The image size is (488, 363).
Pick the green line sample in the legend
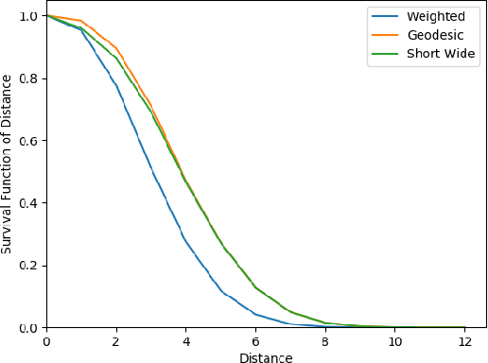pyautogui.click(x=386, y=55)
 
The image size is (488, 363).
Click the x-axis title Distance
pyautogui.click(x=265, y=357)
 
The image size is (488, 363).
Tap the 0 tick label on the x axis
pyautogui.click(x=45, y=341)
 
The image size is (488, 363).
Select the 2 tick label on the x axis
pyautogui.click(x=115, y=341)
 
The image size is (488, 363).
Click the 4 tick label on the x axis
pyautogui.click(x=185, y=341)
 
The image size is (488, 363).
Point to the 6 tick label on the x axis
pyautogui.click(x=255, y=341)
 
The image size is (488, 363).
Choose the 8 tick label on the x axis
pyautogui.click(x=325, y=341)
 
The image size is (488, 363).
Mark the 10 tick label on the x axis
pyautogui.click(x=395, y=341)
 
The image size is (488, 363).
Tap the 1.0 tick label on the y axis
pyautogui.click(x=27, y=16)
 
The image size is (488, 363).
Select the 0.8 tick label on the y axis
pyautogui.click(x=27, y=78)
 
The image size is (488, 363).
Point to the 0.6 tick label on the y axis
pyautogui.click(x=27, y=141)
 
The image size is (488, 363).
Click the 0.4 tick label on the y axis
pyautogui.click(x=27, y=203)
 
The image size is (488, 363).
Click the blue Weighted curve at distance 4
pyautogui.click(x=185, y=241)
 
